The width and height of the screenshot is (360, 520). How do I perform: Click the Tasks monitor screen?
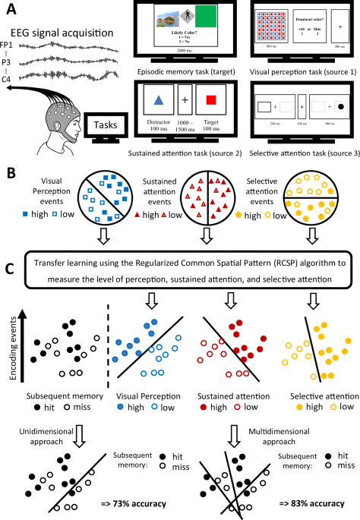coord(106,122)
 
